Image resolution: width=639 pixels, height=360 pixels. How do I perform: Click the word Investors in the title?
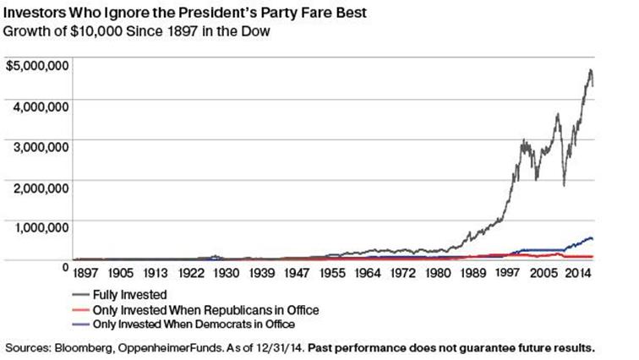(x=36, y=13)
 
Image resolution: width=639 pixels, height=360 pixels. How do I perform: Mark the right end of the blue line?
(x=593, y=240)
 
